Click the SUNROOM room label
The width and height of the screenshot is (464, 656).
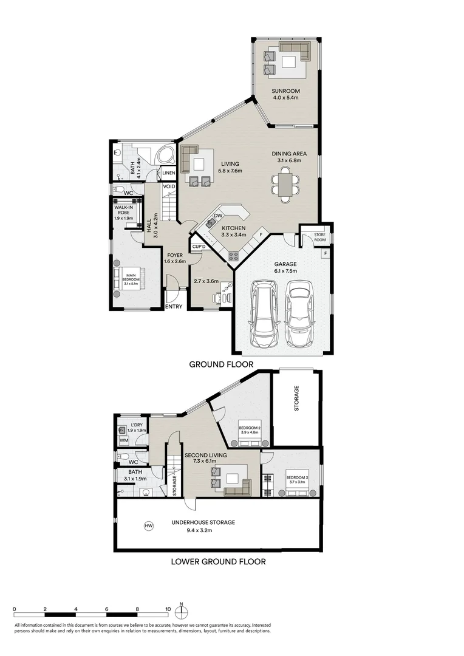pyautogui.click(x=285, y=92)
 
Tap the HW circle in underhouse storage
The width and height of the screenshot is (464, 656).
pyautogui.click(x=148, y=525)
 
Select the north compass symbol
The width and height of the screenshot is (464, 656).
pyautogui.click(x=182, y=610)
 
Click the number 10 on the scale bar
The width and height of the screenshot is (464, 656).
pyautogui.click(x=168, y=607)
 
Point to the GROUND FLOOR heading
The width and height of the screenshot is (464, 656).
pyautogui.click(x=221, y=364)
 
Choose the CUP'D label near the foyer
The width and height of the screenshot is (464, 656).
pyautogui.click(x=199, y=246)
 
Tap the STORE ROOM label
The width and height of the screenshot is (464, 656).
pyautogui.click(x=319, y=237)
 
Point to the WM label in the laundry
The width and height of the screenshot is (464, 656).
pyautogui.click(x=124, y=440)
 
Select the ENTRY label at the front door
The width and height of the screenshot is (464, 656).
pyautogui.click(x=174, y=307)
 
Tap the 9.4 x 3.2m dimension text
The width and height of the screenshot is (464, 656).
pyautogui.click(x=203, y=530)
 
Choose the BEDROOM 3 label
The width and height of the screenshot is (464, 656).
pyautogui.click(x=298, y=477)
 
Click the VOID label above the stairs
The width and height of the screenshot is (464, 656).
pyautogui.click(x=169, y=186)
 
